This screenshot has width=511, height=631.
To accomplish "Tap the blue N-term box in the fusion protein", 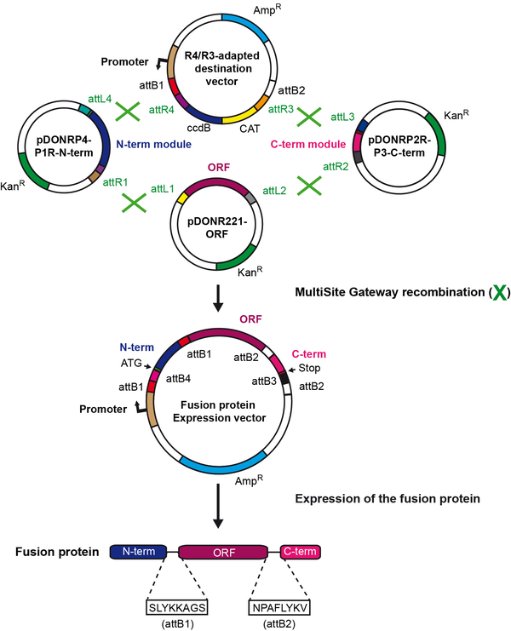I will click(138, 553).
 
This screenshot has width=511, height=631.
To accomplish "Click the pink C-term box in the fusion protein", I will click(301, 553).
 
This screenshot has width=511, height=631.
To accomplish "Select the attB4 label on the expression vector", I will click(176, 378).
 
